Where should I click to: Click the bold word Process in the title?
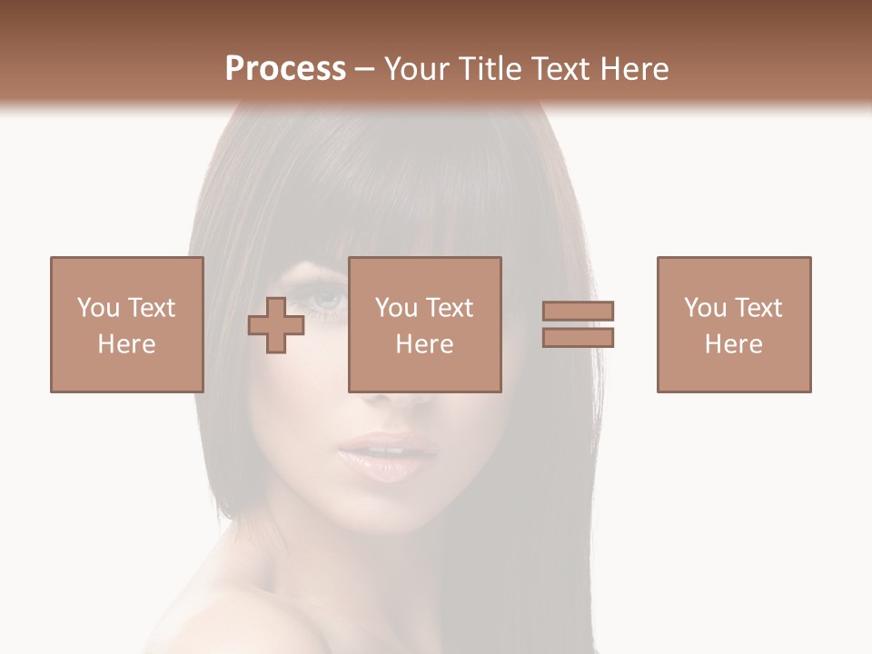click(x=285, y=68)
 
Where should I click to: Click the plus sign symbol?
click(x=276, y=325)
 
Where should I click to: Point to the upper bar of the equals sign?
click(x=578, y=312)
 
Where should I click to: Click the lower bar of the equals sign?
click(x=578, y=338)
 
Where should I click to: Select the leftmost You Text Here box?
click(x=127, y=324)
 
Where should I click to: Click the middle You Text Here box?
click(x=424, y=324)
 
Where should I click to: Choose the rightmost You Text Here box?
click(x=734, y=324)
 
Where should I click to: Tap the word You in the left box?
click(x=98, y=308)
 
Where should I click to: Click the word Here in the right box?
click(x=734, y=344)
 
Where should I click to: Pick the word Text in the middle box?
click(x=450, y=308)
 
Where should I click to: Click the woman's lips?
click(x=388, y=455)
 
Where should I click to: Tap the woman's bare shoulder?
click(x=236, y=618)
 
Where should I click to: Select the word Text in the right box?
click(x=758, y=308)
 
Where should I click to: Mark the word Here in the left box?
click(x=127, y=344)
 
